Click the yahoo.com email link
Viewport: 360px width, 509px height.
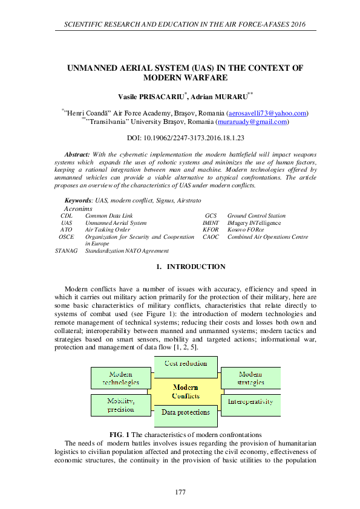tap(267, 114)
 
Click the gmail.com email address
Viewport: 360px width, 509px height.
tap(252, 122)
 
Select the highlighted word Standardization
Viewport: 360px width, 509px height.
tap(104, 250)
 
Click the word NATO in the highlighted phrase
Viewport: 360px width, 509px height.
tap(133, 250)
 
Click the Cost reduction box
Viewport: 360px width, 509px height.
tap(186, 364)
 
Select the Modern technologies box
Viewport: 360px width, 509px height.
tap(121, 378)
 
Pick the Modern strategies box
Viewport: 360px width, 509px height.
tap(250, 378)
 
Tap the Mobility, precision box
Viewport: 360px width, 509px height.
tap(121, 405)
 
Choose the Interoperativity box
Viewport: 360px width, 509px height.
tap(250, 402)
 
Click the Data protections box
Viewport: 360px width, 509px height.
tap(186, 413)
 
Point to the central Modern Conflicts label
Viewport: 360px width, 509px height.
tap(186, 392)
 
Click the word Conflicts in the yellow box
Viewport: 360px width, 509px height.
tap(186, 396)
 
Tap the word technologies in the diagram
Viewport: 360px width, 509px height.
tap(121, 383)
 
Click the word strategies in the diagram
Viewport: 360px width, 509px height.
tap(250, 383)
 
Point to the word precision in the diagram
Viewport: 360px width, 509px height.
tap(121, 410)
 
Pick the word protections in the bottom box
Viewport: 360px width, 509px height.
tap(194, 413)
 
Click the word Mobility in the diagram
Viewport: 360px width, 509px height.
tap(120, 401)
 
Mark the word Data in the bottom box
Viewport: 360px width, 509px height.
tap(169, 413)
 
